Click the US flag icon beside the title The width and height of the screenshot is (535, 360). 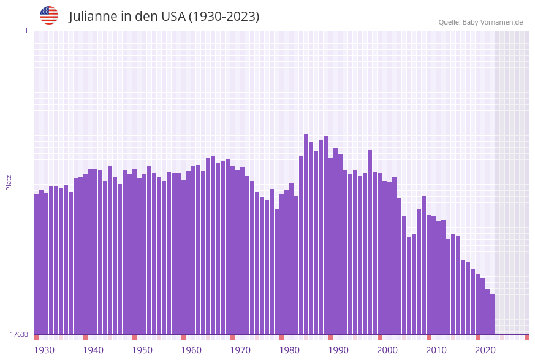point(49,15)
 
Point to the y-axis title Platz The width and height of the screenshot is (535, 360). point(9,182)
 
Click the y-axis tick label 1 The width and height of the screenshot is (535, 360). point(26,31)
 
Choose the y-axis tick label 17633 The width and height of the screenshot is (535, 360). point(19,334)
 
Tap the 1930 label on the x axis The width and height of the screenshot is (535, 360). point(44,350)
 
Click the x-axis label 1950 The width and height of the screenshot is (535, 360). point(142,350)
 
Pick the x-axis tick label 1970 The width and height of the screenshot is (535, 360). point(240,350)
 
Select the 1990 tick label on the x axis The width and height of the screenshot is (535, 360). point(338,350)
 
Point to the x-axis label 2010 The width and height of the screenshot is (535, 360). point(436,350)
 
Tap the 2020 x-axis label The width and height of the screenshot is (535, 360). point(485,350)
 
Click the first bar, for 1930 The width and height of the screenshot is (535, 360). point(37,264)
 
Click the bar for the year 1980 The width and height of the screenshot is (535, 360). point(282,264)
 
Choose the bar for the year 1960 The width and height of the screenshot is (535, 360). point(184,257)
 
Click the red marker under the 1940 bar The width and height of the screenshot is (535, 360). point(86,337)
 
